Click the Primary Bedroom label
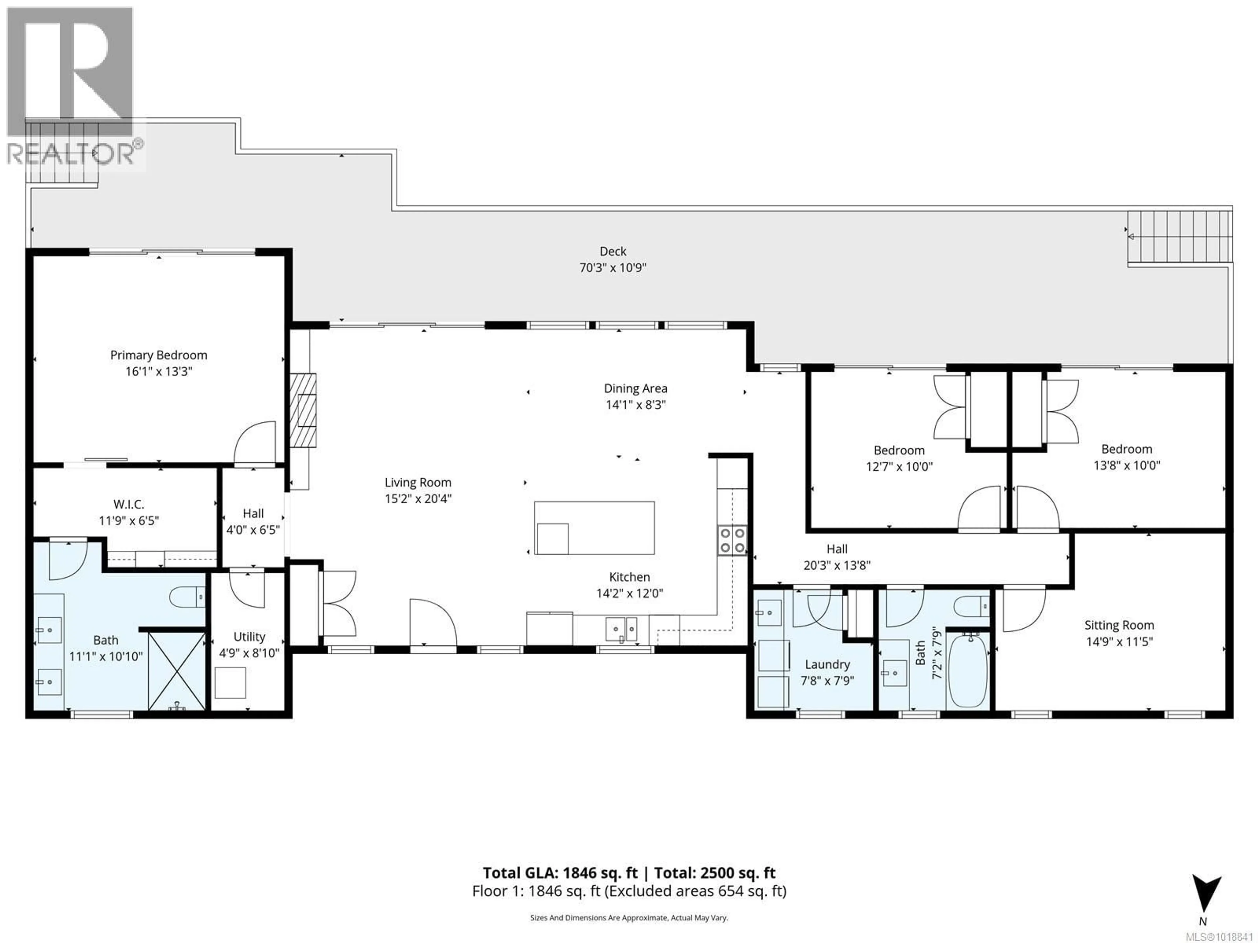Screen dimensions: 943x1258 point(159,355)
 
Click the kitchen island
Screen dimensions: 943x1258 point(594,527)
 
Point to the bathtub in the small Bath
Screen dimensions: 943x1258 point(968,671)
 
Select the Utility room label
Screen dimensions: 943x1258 point(249,637)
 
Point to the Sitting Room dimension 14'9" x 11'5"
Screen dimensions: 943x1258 point(1119,642)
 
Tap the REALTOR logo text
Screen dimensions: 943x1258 point(71,154)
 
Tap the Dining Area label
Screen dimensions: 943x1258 point(635,389)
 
